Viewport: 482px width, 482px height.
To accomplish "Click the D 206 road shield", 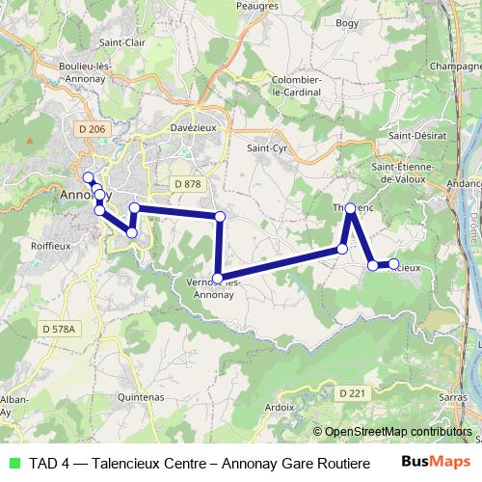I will click(92, 128).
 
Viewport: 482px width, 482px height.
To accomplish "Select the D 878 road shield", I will click(188, 183).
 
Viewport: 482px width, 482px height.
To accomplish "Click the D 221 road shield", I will click(353, 392).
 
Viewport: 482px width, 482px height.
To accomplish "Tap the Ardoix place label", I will click(279, 407).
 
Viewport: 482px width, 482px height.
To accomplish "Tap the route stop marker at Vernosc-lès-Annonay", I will click(218, 279).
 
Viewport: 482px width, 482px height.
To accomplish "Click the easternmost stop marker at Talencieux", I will click(393, 263).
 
